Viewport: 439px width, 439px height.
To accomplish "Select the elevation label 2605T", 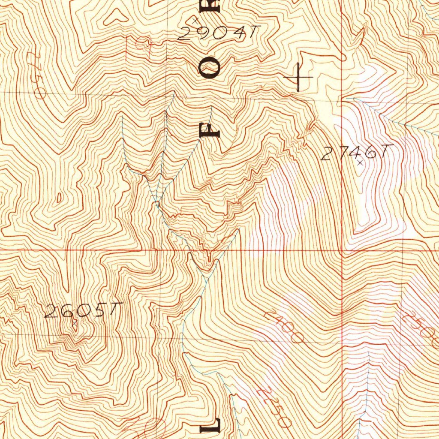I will click(x=84, y=310).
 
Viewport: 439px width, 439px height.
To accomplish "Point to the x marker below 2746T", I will click(x=360, y=163).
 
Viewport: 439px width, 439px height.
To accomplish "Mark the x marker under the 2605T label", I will click(x=74, y=324).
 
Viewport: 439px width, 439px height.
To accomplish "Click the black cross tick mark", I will click(x=298, y=77).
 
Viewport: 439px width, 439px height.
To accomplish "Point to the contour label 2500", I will click(x=420, y=328).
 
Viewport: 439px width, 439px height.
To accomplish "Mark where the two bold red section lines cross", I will click(x=342, y=250).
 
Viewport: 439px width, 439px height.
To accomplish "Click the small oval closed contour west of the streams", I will click(x=59, y=198).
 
